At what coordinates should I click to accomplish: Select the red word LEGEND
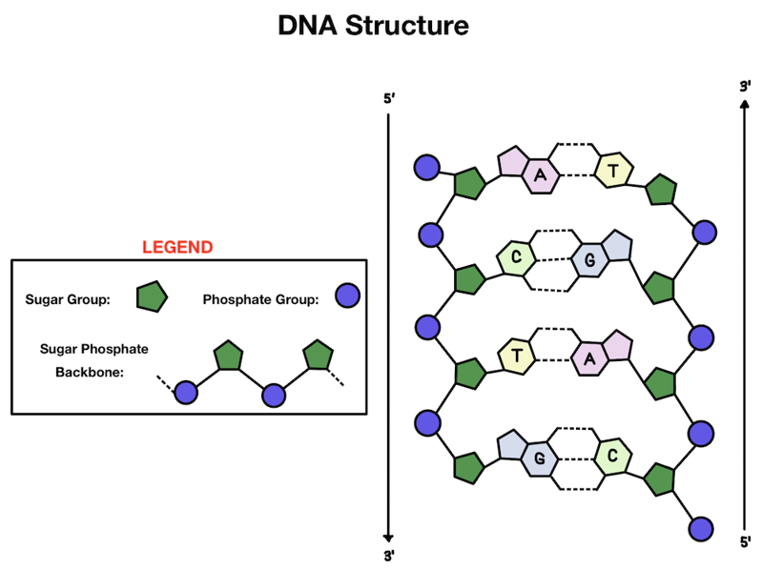177,247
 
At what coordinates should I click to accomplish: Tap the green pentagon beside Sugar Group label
151,297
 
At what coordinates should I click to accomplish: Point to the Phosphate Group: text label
260,299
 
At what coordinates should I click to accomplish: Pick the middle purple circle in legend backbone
274,393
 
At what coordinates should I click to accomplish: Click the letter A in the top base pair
541,174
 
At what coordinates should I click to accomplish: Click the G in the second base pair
589,259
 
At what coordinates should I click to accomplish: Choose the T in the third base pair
516,356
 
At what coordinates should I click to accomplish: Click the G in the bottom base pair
539,458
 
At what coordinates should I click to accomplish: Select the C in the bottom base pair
612,457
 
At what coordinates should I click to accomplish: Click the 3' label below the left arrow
388,555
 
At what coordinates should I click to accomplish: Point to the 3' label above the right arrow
745,87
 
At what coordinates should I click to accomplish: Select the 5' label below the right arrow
745,542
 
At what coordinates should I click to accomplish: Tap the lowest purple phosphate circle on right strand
701,527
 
